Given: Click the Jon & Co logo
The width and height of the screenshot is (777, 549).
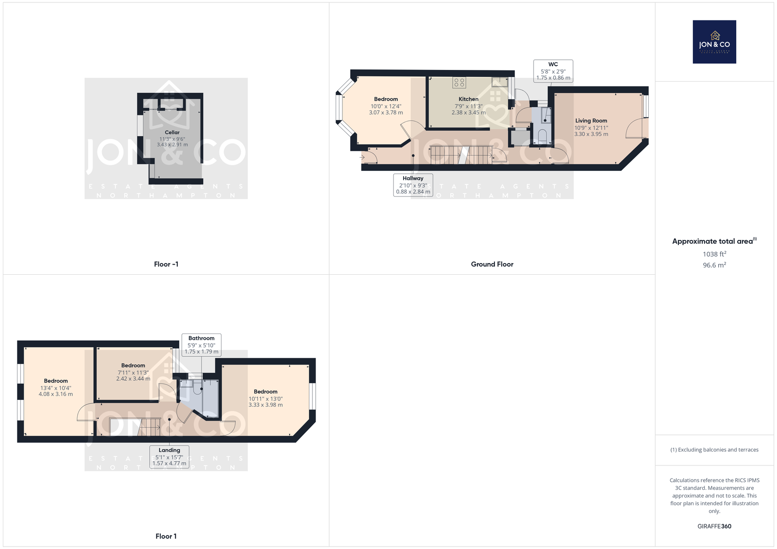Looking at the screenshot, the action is tap(714, 42).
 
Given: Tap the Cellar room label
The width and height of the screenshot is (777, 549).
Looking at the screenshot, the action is tap(172, 132).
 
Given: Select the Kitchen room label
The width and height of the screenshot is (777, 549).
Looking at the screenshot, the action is tap(468, 99).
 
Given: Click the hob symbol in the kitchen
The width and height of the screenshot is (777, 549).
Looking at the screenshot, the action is tap(459, 83).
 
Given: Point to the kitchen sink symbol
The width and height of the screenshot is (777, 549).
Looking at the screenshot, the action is tap(500, 82).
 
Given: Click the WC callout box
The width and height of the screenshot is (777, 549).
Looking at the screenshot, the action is tap(553, 71).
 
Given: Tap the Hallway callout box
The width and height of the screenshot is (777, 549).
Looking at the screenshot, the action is tap(413, 185).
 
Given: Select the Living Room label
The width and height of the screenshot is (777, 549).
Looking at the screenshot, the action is tap(591, 120).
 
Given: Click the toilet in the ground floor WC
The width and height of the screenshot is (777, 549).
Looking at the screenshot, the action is tap(542, 136).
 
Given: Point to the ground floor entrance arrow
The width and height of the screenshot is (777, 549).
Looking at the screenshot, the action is tap(362, 157).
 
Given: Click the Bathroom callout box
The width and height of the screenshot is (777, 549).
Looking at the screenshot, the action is tap(201, 345).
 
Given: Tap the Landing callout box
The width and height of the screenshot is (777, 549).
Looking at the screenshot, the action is tap(169, 457).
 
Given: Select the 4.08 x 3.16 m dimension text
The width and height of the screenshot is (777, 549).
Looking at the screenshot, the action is tap(56, 394).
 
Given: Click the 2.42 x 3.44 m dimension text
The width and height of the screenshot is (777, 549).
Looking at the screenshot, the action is tap(133, 378).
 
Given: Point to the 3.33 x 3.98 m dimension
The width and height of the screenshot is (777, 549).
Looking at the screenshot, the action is tap(265, 405).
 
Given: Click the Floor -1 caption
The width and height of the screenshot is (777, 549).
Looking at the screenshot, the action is tap(166, 264).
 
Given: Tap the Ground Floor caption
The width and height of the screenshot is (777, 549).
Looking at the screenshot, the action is tap(492, 264).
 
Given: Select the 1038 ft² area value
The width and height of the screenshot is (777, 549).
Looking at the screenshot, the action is tap(714, 254).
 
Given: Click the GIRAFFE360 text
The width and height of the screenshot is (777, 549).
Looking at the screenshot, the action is tap(714, 526).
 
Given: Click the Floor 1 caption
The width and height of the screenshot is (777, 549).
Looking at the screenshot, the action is tap(166, 536).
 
